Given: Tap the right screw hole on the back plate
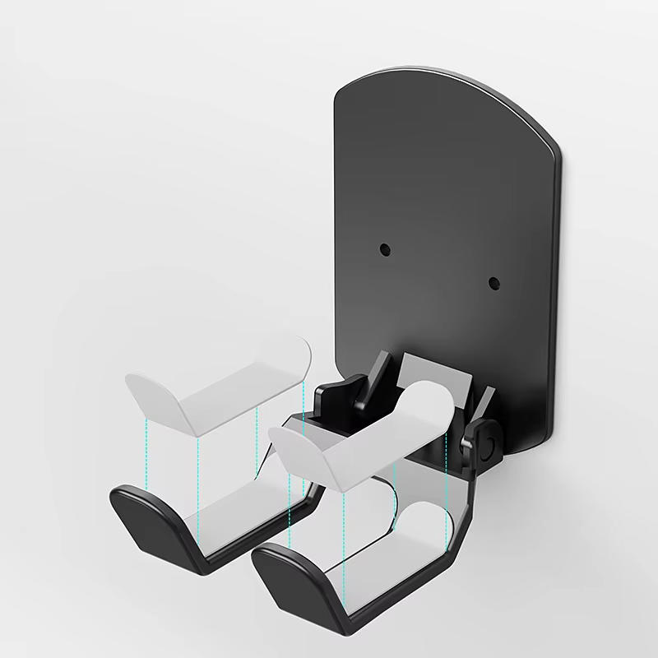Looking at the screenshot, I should point(493,283).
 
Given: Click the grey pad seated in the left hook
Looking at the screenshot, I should point(239,510).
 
